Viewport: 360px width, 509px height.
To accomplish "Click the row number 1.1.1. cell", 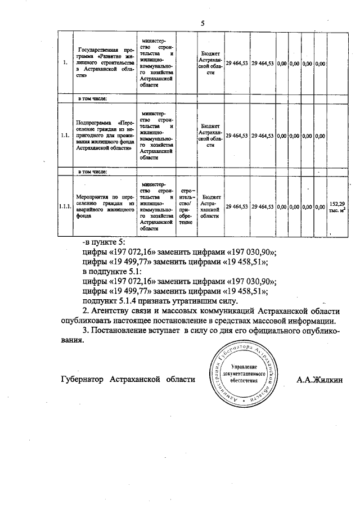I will pos(65,208).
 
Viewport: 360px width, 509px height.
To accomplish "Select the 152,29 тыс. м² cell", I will pos(337,207).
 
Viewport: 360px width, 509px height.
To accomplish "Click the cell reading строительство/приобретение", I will pos(186,207).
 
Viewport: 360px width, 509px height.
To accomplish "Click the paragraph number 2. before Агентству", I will pos(86,311).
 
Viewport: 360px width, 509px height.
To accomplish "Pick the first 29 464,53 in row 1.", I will pos(237,64).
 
